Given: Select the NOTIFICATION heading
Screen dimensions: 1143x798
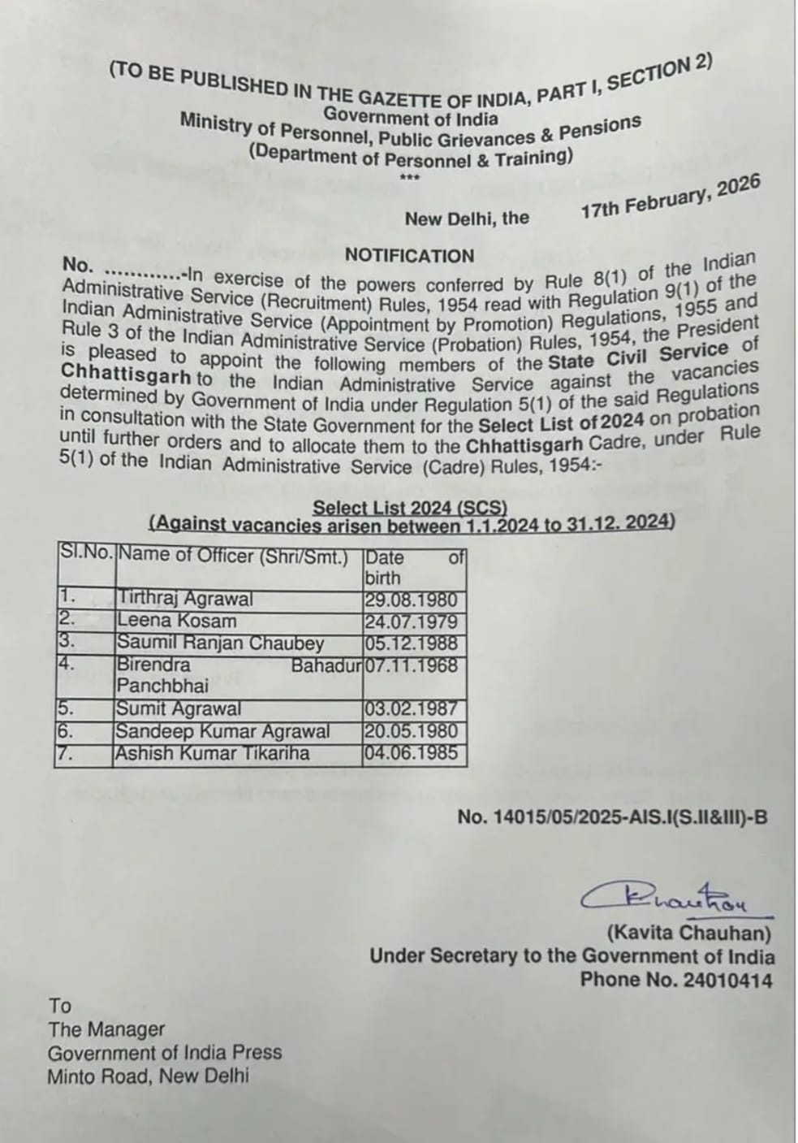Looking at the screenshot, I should [x=409, y=256].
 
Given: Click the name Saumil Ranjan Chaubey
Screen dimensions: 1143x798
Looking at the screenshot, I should [x=221, y=643].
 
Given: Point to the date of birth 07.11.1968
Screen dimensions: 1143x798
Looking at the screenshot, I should [x=412, y=665].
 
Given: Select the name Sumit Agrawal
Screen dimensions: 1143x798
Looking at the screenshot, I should [x=179, y=708].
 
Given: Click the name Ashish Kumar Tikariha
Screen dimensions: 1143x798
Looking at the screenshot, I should [x=213, y=753].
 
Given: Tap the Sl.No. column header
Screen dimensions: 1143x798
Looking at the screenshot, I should [x=86, y=554].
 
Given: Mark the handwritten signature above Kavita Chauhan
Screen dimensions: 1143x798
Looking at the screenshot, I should [x=666, y=898].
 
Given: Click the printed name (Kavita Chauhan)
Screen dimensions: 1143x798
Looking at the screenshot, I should [x=688, y=933].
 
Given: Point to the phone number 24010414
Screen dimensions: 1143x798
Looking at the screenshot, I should [x=727, y=980].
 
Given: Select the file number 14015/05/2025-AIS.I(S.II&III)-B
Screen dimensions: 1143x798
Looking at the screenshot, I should [x=612, y=817].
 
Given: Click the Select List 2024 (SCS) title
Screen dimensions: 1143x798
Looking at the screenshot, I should [x=410, y=508].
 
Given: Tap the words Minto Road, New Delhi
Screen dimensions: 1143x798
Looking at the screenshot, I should [x=149, y=1077].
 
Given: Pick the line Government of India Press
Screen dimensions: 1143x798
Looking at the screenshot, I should [x=165, y=1053].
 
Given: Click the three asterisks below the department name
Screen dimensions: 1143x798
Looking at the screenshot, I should [x=410, y=176].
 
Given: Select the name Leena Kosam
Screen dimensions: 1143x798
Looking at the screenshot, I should [x=177, y=621].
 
